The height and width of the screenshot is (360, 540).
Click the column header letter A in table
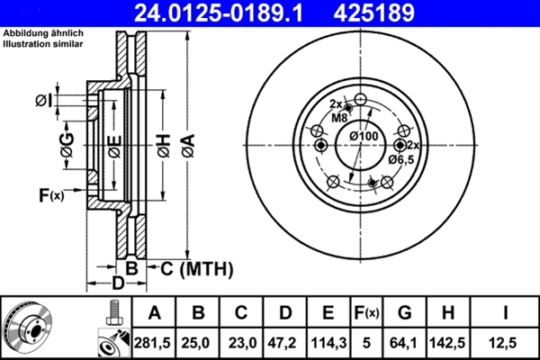point(154,312)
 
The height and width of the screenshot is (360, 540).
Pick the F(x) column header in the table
point(365,312)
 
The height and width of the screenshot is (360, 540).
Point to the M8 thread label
point(339,118)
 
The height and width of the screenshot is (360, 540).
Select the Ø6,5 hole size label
point(400,158)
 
